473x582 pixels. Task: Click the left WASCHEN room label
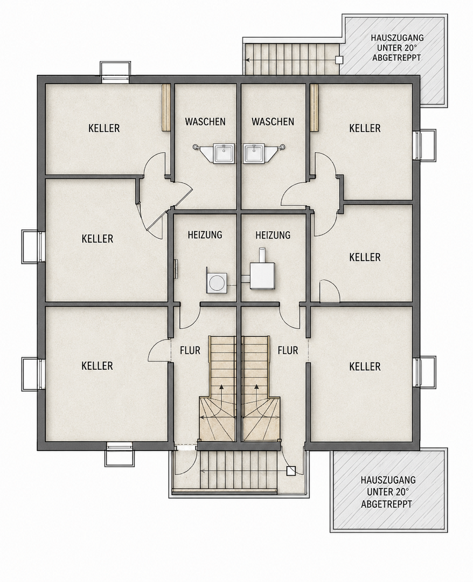[x=205, y=121]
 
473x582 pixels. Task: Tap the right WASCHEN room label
[x=273, y=121]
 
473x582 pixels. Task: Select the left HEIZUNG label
[x=205, y=234]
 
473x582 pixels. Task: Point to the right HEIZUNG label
[x=273, y=235]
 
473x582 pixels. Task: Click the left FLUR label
[x=190, y=350]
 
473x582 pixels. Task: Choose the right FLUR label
[x=288, y=350]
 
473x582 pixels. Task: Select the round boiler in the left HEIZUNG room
[x=217, y=283]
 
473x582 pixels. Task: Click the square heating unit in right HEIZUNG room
[x=262, y=275]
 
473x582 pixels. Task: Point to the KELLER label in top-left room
[x=104, y=128]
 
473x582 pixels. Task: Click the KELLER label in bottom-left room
[x=97, y=365]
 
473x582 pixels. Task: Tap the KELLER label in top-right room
[x=365, y=128]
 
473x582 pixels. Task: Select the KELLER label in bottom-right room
[x=365, y=366]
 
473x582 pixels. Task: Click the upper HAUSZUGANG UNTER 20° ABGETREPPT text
[x=397, y=48]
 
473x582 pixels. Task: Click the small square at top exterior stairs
[x=339, y=60]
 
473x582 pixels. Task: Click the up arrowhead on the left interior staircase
[x=221, y=386]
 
